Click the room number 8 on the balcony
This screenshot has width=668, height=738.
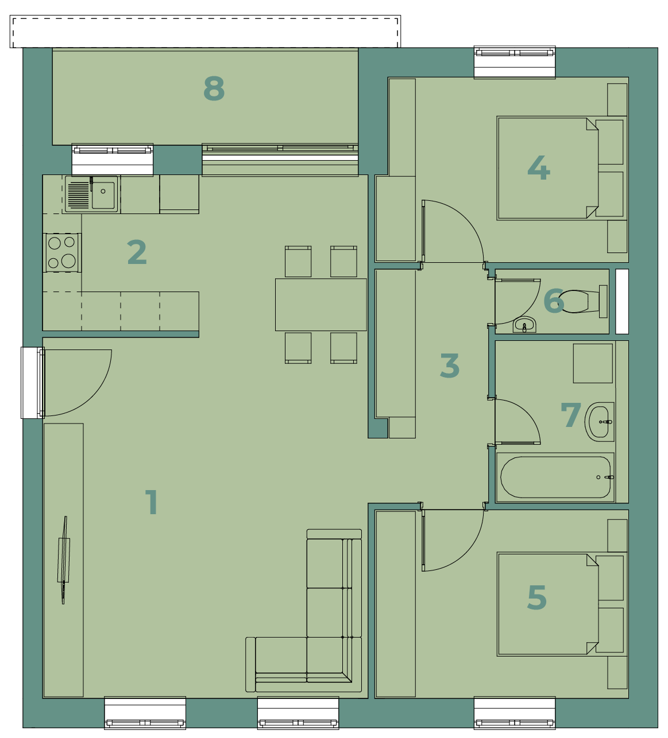point(214,88)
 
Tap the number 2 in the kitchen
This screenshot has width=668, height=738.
point(137,252)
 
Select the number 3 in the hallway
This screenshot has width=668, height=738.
point(450,366)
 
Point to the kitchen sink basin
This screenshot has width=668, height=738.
point(103,195)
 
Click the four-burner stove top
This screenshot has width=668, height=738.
point(62,253)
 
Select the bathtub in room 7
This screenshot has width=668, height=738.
point(555,477)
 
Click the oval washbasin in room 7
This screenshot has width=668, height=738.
point(599,422)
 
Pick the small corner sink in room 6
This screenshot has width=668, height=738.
point(524,324)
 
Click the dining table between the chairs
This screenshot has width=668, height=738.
point(321,305)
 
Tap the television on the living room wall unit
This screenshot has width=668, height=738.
point(64,560)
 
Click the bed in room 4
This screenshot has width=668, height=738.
point(562,168)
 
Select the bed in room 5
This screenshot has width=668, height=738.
point(562,604)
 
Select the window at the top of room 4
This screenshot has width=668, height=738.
point(515,62)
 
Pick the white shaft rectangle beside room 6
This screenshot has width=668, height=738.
point(622,302)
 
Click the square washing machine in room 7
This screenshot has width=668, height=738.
point(593,363)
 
